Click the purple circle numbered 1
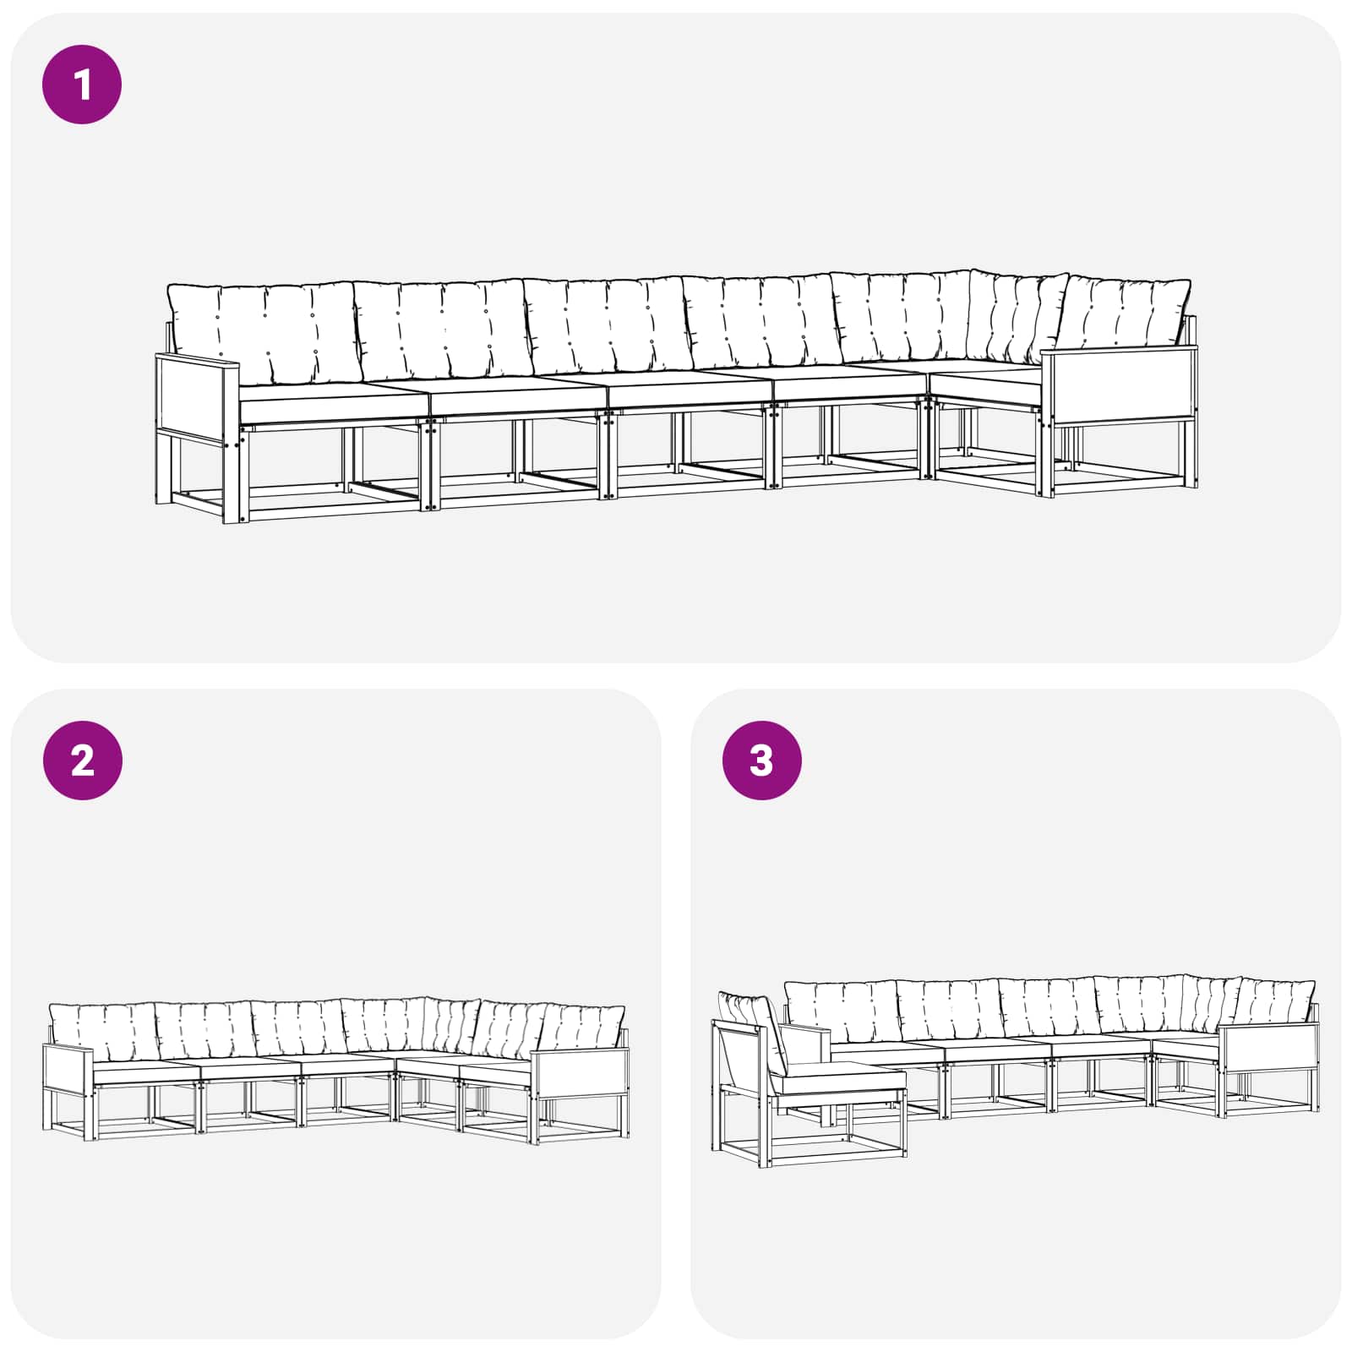tap(82, 84)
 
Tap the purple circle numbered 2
tap(82, 760)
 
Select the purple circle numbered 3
tap(761, 760)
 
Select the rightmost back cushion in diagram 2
tap(583, 1027)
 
